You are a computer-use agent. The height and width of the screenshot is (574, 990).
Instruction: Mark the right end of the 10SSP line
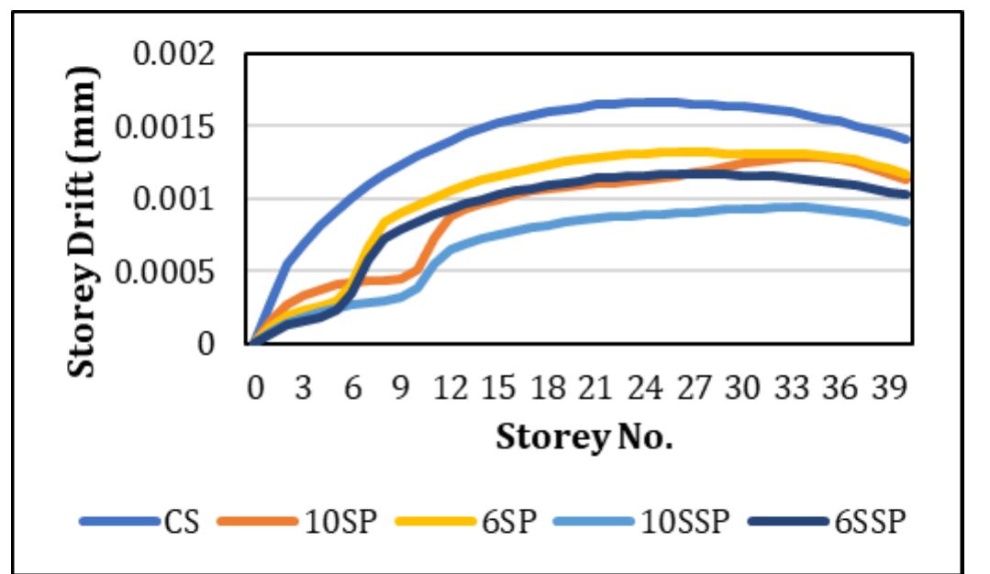(x=908, y=222)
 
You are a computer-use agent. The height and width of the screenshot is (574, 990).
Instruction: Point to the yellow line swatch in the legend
(x=431, y=522)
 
